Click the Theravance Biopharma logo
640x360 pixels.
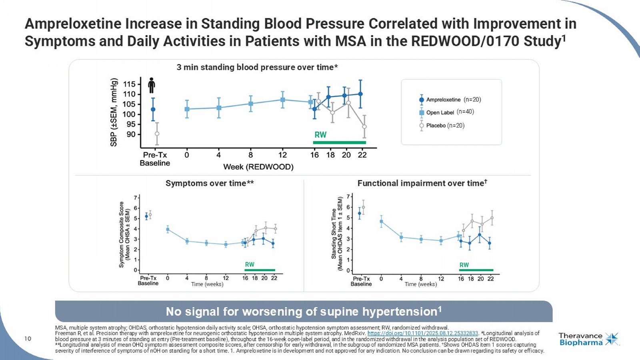(x=588, y=339)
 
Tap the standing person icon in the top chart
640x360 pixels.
(x=151, y=85)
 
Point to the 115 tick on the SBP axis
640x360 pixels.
(x=129, y=84)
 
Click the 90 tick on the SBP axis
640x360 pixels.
(x=131, y=134)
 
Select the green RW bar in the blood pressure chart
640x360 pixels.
(x=339, y=142)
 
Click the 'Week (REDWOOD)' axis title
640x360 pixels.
(x=258, y=167)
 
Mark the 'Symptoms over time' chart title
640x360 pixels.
(x=210, y=183)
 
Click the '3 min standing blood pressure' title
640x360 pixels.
(x=257, y=67)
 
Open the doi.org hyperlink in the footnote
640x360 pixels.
(x=422, y=333)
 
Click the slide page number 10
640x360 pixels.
(x=28, y=339)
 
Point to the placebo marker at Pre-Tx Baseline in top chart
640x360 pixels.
(x=157, y=134)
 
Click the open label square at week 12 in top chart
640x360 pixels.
(x=282, y=100)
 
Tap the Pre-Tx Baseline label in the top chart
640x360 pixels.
(x=155, y=159)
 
